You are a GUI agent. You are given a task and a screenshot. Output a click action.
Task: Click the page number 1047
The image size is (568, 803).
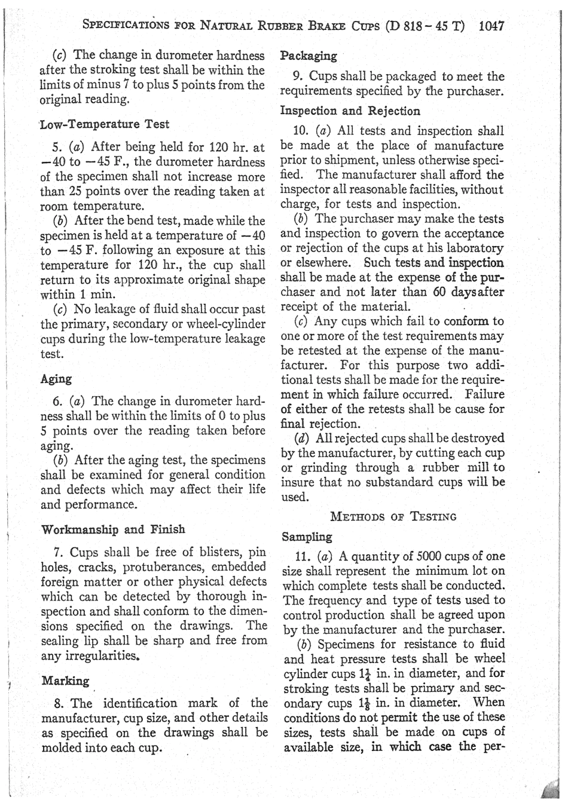492,26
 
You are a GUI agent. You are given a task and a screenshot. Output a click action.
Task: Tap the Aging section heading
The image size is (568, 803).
56,379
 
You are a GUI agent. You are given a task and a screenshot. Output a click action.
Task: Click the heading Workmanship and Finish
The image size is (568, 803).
113,529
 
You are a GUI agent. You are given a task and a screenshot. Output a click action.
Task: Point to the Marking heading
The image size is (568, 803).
65,681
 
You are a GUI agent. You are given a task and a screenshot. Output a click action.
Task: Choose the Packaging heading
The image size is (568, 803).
309,56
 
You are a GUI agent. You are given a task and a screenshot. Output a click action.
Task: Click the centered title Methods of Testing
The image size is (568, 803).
393,516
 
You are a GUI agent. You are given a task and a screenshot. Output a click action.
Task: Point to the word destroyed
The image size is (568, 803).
477,438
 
